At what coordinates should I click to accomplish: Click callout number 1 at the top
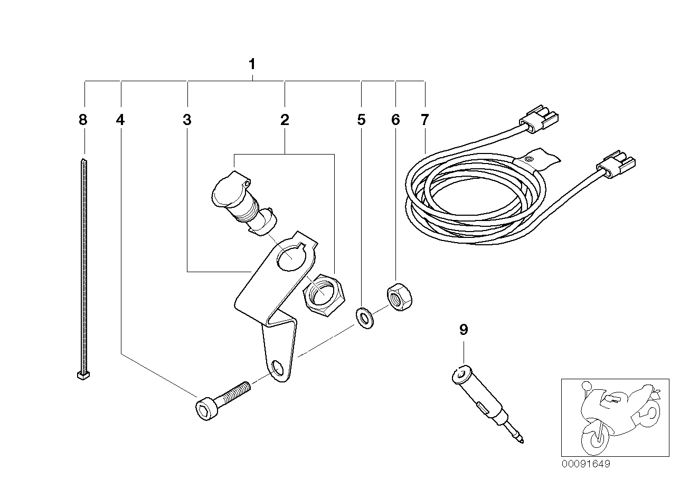pyautogui.click(x=252, y=64)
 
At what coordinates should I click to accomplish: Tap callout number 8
pyautogui.click(x=82, y=120)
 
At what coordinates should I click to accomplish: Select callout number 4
pyautogui.click(x=121, y=120)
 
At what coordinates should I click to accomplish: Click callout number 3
pyautogui.click(x=186, y=120)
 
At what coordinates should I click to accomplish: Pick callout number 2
pyautogui.click(x=285, y=120)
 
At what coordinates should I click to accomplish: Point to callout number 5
pyautogui.click(x=361, y=120)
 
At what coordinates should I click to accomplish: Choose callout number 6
pyautogui.click(x=395, y=120)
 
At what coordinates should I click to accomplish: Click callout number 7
pyautogui.click(x=425, y=120)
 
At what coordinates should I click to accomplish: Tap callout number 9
pyautogui.click(x=463, y=330)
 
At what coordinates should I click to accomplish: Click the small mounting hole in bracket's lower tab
pyautogui.click(x=278, y=366)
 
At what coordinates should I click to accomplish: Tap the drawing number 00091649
pyautogui.click(x=585, y=464)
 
